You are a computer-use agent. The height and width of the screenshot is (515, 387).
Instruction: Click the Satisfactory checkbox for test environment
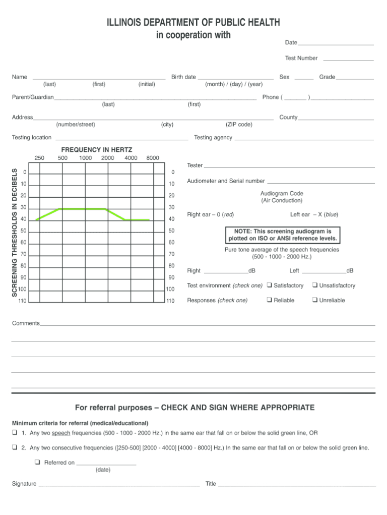[270, 285]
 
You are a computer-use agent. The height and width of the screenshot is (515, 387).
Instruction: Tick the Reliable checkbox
[270, 300]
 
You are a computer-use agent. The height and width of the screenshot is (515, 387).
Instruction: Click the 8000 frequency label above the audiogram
[153, 158]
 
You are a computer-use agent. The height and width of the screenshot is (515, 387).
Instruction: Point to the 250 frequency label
[39, 158]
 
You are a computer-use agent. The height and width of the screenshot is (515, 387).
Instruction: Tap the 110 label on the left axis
[23, 301]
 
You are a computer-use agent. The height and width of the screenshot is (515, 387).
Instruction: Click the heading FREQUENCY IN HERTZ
[97, 150]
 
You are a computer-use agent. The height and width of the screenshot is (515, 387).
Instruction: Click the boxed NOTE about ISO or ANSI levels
[283, 235]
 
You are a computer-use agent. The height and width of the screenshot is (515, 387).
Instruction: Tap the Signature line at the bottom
[118, 485]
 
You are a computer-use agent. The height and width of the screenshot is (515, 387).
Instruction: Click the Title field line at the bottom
[297, 485]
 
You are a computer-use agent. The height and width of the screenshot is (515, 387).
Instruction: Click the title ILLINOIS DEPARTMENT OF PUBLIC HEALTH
[193, 23]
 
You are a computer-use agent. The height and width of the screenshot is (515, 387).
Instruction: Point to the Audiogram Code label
[282, 193]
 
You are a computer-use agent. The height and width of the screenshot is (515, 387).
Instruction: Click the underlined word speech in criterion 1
[61, 433]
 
